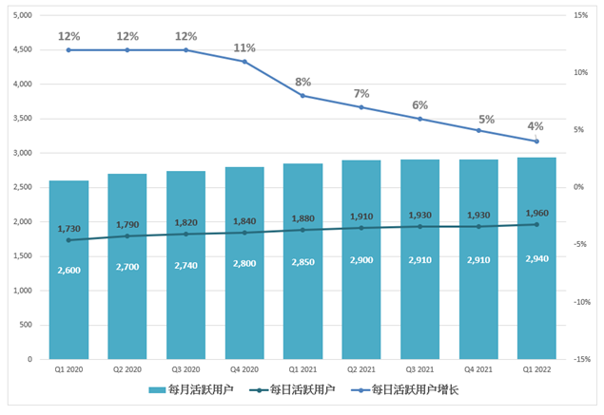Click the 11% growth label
click(244, 47)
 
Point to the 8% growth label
click(303, 82)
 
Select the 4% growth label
click(536, 126)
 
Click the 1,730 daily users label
click(68, 229)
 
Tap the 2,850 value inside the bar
click(303, 260)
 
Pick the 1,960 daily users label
click(536, 213)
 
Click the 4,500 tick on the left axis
click(20, 50)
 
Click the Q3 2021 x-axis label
click(419, 369)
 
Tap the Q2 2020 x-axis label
click(127, 369)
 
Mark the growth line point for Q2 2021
click(361, 107)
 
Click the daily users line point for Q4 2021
click(478, 226)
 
